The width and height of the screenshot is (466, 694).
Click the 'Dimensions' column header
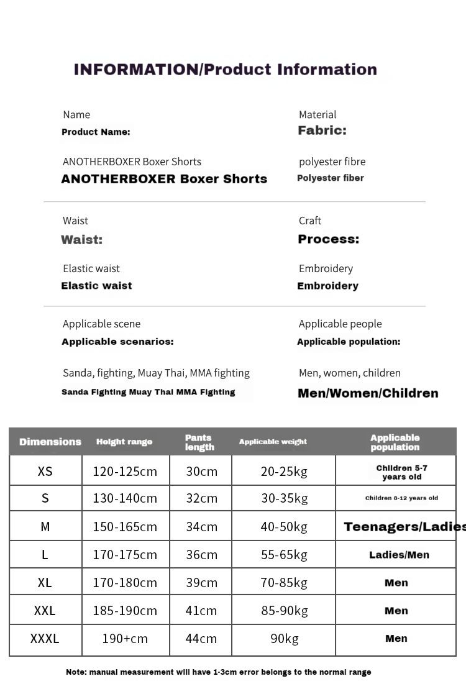click(x=50, y=442)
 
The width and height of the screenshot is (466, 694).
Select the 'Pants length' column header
click(x=199, y=442)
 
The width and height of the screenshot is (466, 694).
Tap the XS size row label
click(x=45, y=471)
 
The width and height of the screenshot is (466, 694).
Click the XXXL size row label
click(x=45, y=638)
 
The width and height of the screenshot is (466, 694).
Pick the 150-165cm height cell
click(x=125, y=527)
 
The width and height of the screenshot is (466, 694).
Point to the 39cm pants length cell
click(x=201, y=582)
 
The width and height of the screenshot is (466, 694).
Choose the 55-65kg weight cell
click(x=284, y=555)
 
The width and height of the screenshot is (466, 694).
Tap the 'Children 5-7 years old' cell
click(x=401, y=472)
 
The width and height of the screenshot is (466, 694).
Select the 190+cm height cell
click(x=125, y=638)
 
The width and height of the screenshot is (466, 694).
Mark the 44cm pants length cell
click(x=201, y=638)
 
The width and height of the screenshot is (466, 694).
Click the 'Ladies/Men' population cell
click(x=399, y=555)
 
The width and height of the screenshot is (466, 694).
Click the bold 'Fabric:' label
click(x=322, y=130)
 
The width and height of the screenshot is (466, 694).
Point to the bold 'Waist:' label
click(x=81, y=240)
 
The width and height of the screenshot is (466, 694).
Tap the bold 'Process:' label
click(x=328, y=239)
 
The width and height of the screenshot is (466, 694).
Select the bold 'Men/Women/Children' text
click(x=368, y=393)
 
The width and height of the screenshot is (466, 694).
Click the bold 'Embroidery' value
click(x=327, y=286)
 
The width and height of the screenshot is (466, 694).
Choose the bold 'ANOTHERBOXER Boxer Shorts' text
click(x=164, y=179)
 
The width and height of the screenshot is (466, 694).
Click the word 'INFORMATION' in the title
click(x=136, y=69)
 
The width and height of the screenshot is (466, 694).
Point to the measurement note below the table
click(x=218, y=672)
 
